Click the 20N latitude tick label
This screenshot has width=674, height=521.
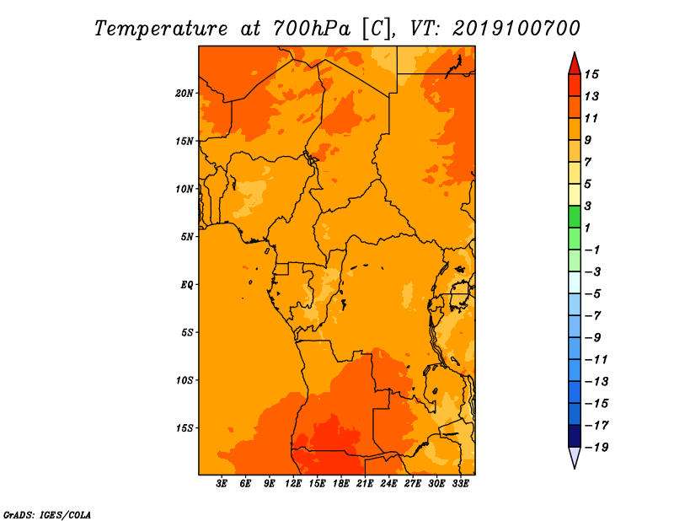pos(185,94)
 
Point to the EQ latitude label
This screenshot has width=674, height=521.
pos(187,285)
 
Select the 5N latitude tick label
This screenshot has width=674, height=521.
pos(187,237)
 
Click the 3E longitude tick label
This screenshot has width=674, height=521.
pos(222,484)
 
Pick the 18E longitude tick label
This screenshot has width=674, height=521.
pos(341,484)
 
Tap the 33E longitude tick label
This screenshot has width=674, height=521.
pos(460,484)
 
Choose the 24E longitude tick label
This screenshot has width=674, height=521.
pos(388,484)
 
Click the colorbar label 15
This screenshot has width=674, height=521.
pos(591,74)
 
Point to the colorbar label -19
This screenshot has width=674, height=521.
pos(596,448)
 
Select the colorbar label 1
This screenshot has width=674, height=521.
pos(587,228)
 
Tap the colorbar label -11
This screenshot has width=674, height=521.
pos(596,360)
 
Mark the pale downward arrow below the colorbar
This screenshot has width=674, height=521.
pos(575,456)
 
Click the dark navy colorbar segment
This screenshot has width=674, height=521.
pos(575,436)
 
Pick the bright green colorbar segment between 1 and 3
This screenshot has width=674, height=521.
pos(575,217)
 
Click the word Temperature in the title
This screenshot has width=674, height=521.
pos(161,29)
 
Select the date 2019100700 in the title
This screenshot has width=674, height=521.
pos(516,29)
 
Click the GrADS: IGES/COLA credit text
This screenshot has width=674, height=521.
pos(47,515)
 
